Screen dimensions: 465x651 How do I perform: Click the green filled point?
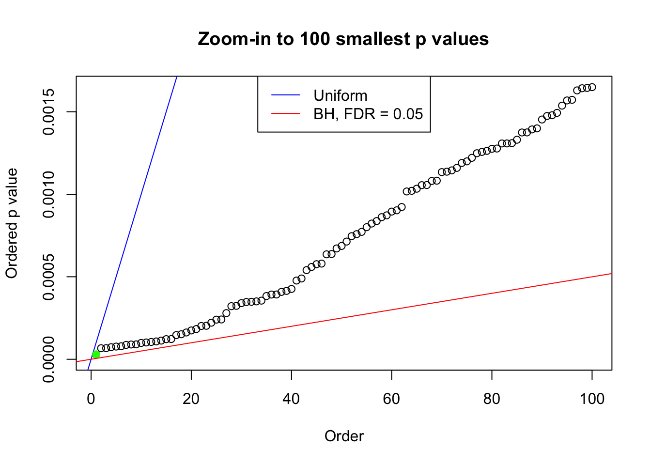96,354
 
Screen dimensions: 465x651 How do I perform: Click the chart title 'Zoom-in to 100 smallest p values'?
343,39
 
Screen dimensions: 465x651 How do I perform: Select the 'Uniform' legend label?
340,95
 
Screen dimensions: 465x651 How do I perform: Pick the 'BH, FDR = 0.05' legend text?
368,114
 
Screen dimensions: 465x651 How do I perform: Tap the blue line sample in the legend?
285,95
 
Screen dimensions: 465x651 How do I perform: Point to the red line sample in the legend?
285,114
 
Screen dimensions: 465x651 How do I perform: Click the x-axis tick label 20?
191,399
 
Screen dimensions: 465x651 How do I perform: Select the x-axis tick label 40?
292,399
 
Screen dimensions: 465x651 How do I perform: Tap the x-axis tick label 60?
391,399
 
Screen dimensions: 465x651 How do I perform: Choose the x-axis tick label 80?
492,399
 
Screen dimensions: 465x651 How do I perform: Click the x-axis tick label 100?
592,399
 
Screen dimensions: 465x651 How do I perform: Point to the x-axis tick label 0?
91,399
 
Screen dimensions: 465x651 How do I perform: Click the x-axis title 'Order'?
344,436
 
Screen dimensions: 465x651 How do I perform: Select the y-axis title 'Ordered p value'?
12,223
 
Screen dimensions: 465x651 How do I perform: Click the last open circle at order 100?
592,87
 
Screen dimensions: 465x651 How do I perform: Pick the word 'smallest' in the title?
373,39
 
